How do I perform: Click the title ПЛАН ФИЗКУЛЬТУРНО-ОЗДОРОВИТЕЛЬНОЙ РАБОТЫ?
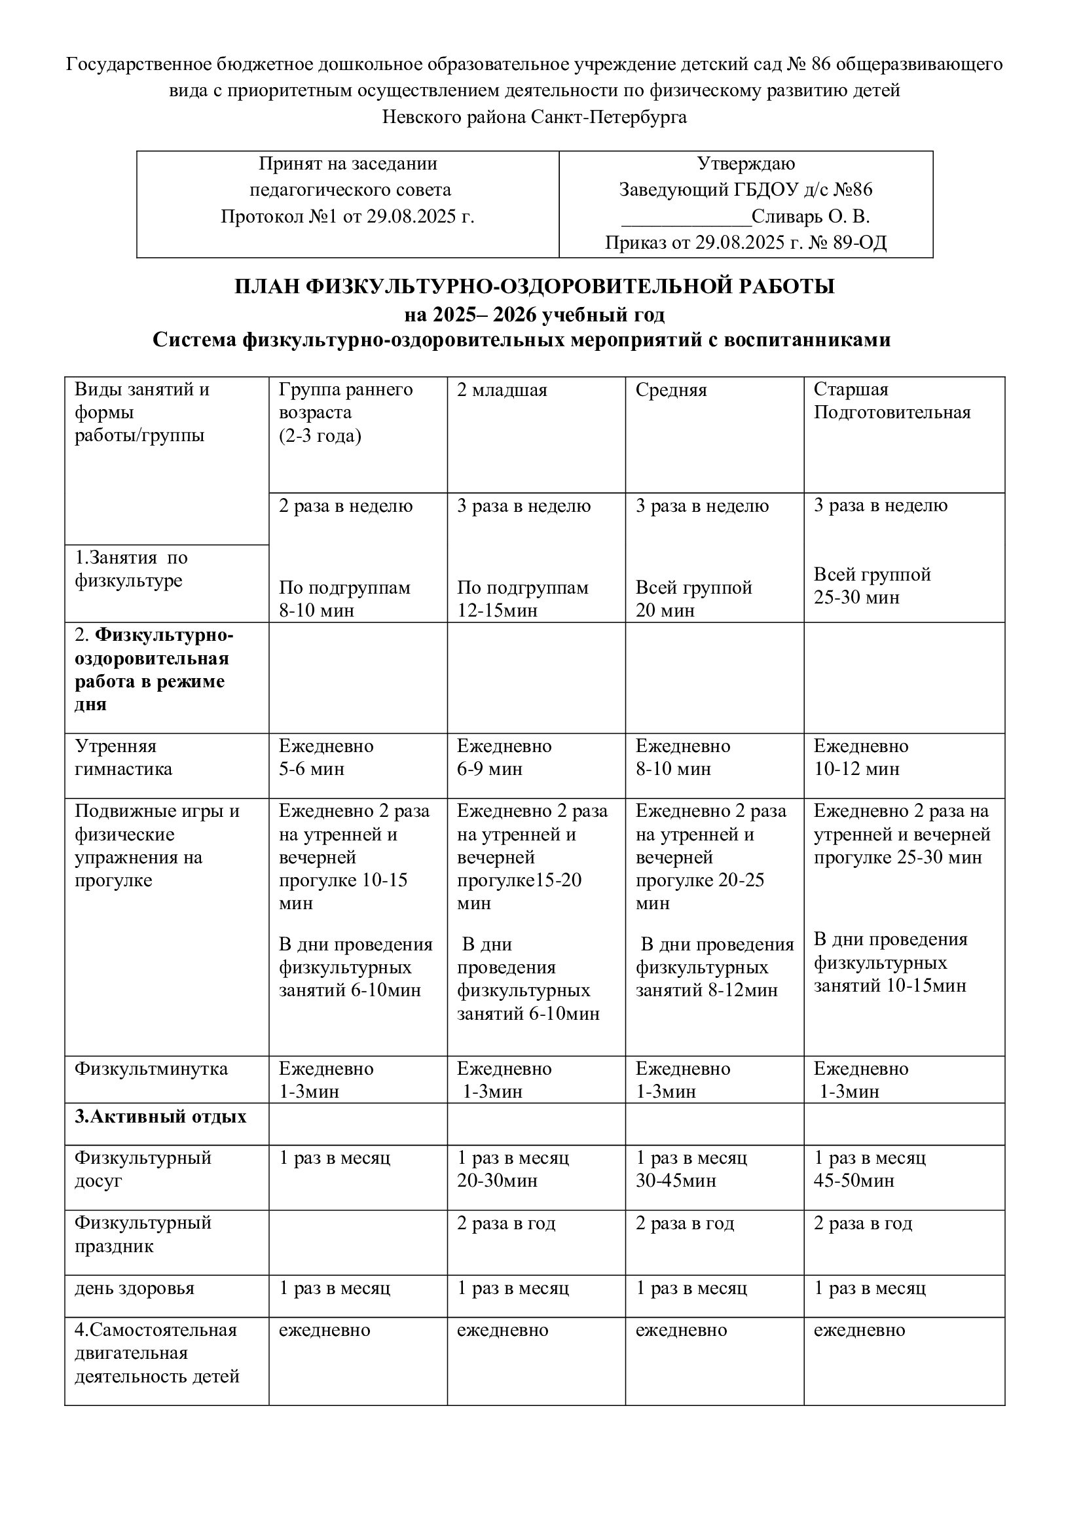point(534,287)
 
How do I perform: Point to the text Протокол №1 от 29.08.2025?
point(348,217)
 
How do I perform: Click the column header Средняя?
point(671,390)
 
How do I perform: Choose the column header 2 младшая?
point(502,390)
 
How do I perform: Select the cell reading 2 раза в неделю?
point(346,506)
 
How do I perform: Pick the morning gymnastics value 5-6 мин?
point(312,769)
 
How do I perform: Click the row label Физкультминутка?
point(151,1069)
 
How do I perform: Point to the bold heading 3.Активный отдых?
point(160,1117)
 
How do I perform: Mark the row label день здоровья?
point(134,1288)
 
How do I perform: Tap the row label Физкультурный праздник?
point(143,1234)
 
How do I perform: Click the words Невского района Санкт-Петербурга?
point(534,117)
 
